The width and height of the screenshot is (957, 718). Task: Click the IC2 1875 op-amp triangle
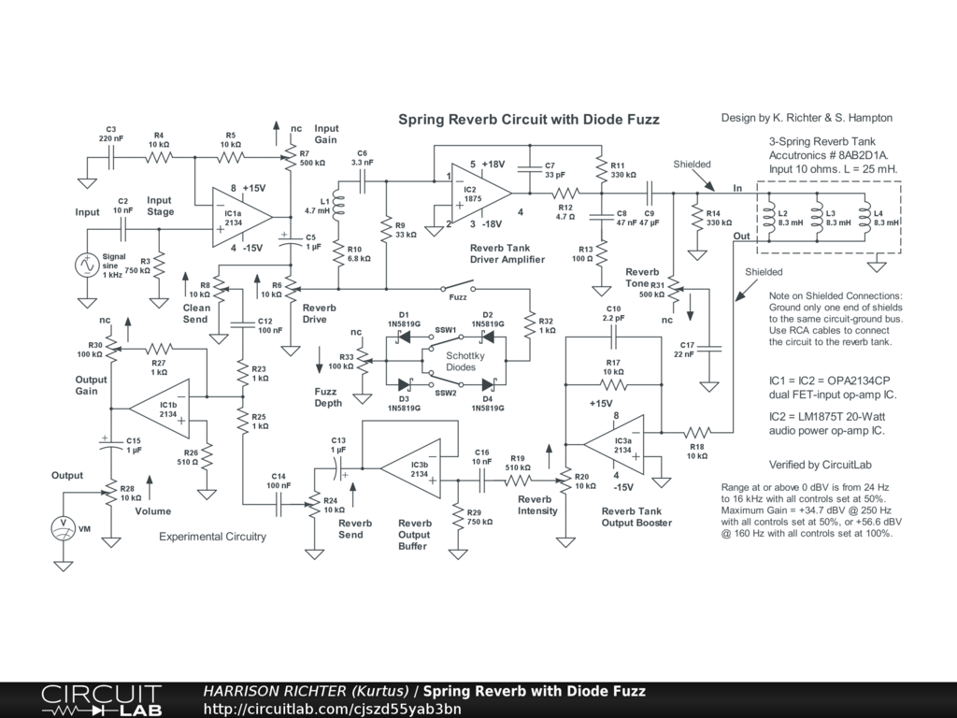coord(481,194)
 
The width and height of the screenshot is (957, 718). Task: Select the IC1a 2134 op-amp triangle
coord(242,217)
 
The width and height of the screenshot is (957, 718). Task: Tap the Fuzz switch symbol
coord(457,287)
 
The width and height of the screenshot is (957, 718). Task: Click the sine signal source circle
coord(87,265)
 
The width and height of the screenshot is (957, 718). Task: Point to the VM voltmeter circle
coord(64,528)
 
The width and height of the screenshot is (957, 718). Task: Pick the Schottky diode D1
coord(403,337)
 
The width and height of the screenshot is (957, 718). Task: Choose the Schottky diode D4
coord(488,384)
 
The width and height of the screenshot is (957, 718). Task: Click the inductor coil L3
coord(817,218)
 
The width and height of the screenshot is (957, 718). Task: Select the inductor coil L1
coord(338,206)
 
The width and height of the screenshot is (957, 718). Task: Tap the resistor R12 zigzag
coord(565,194)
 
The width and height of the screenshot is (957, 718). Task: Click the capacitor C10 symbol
coord(614,337)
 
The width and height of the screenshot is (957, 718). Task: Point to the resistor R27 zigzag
coord(159,350)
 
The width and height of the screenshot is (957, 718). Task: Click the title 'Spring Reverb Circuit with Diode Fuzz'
coord(529,119)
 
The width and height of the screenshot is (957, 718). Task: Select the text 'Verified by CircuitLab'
coord(821,465)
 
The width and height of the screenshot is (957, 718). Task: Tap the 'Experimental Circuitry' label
coord(212,537)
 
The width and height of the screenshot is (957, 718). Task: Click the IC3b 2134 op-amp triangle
coord(410,468)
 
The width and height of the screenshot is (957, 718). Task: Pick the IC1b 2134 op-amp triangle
coord(159,409)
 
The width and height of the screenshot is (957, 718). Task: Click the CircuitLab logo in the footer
coord(101,700)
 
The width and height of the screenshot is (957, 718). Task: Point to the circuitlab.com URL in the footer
coord(332,709)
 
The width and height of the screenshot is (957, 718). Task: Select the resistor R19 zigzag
coord(518,481)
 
